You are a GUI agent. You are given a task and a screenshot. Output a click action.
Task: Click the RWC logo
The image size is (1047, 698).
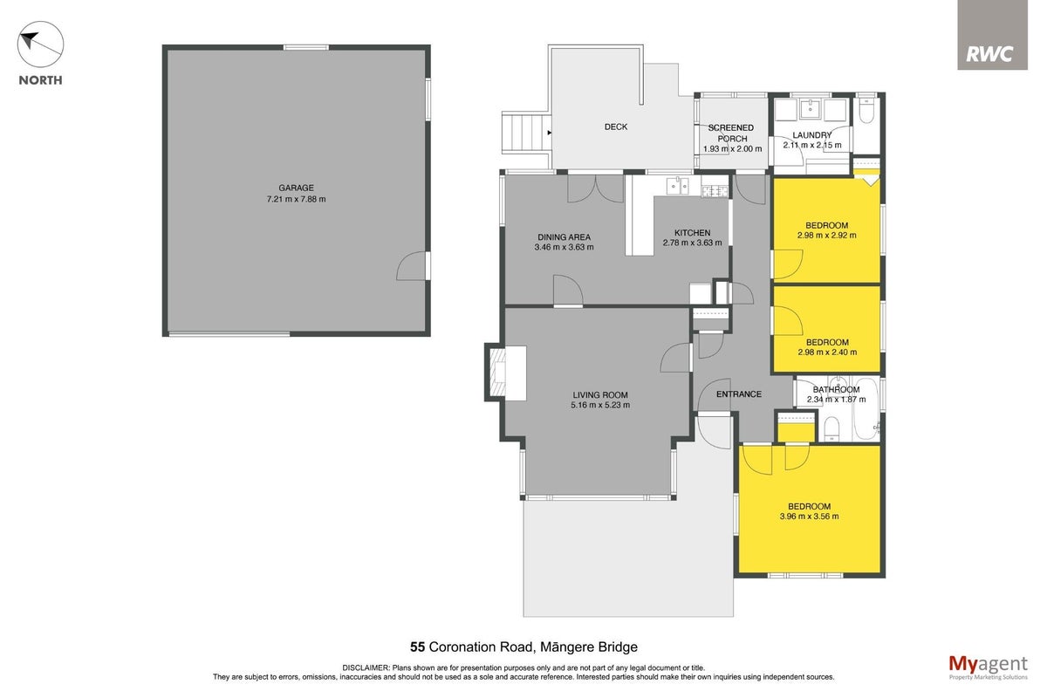pos(992,35)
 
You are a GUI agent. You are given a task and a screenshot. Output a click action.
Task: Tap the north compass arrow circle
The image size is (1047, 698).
pos(40,44)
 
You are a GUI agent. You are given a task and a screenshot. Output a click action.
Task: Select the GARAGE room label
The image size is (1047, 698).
pos(296,188)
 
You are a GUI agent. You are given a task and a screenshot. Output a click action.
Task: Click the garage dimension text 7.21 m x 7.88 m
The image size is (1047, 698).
pos(296,199)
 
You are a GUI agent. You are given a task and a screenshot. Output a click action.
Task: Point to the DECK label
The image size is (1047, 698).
pos(616,127)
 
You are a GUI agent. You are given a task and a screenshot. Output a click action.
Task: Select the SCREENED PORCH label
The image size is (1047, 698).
pos(731,133)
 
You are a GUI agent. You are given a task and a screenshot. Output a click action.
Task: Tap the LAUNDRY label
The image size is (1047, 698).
pos(812,135)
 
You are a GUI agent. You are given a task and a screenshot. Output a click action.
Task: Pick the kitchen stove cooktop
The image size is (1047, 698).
pos(715,190)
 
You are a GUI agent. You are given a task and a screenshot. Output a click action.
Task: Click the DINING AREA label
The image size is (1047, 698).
pos(564,237)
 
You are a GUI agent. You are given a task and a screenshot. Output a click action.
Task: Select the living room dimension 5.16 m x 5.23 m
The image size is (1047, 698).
pos(600,405)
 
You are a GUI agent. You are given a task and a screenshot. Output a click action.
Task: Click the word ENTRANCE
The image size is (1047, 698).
pos(738,394)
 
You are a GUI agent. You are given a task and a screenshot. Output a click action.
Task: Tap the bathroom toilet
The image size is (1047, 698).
pos(831,429)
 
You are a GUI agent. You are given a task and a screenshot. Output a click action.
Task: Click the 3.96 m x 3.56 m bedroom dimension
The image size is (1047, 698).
pos(809,517)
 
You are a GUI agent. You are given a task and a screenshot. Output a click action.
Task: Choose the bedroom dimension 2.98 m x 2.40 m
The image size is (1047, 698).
pos(827,352)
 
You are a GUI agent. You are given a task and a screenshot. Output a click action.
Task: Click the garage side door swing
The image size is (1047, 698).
pos(411,266)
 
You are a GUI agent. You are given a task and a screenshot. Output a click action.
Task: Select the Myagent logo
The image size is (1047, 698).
pos(988,667)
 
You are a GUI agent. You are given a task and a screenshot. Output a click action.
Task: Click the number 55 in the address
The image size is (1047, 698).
pos(417,647)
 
